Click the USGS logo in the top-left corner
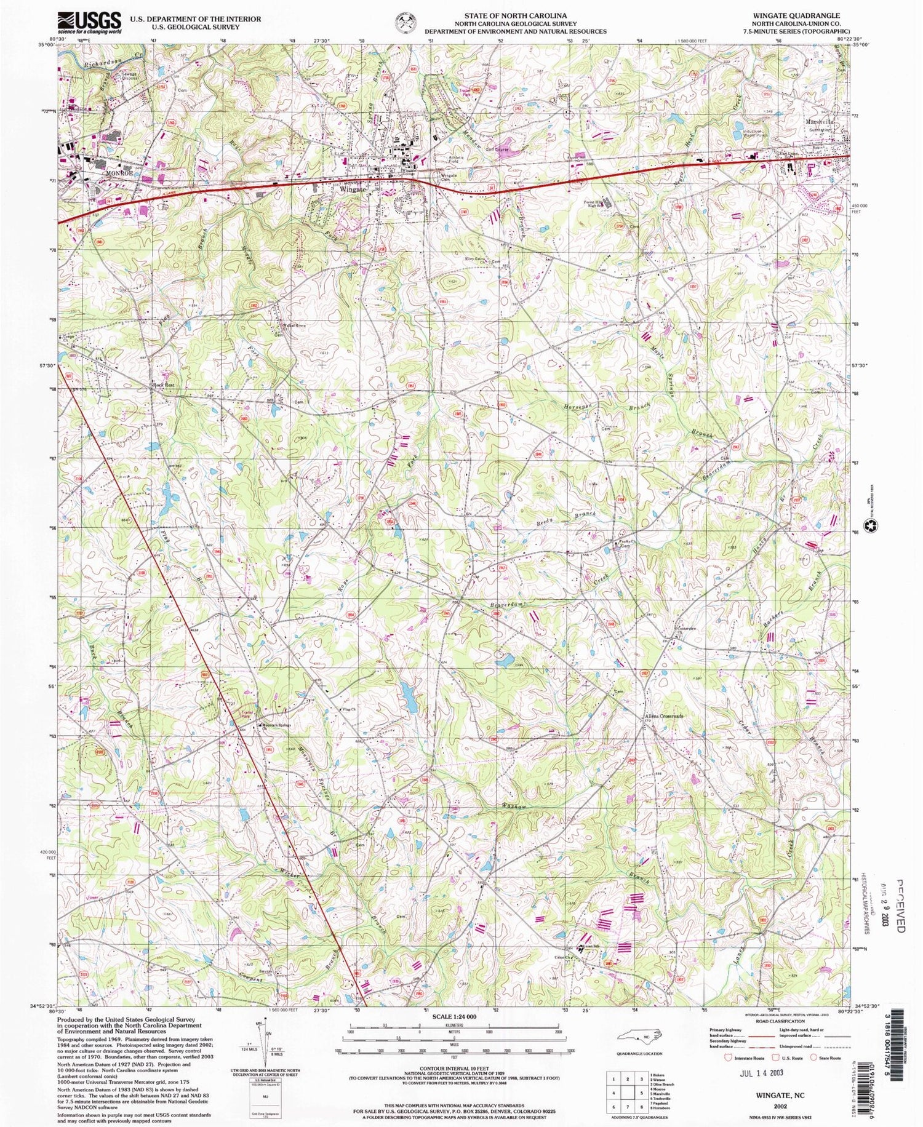(89, 23)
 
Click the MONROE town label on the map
(119, 173)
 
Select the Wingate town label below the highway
(353, 189)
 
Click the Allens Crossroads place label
(664, 717)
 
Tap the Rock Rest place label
(163, 386)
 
